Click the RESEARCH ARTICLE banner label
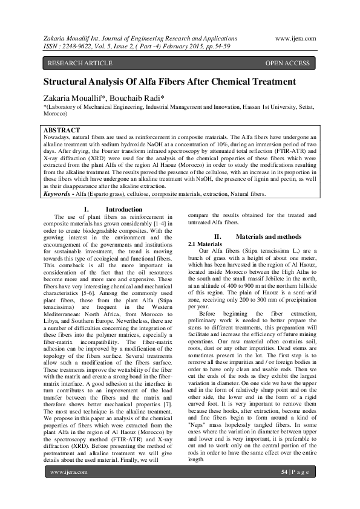tap(80, 63)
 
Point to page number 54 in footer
tap(284, 488)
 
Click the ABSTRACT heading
tap(62, 130)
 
